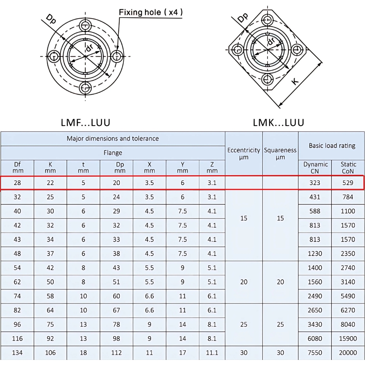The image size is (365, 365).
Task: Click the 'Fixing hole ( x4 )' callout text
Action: click(x=151, y=12)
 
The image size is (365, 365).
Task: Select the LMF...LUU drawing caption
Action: click(x=85, y=122)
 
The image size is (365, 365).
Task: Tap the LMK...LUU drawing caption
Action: click(x=278, y=122)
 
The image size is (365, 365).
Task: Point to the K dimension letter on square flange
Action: click(x=296, y=81)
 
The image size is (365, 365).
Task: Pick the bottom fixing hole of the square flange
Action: click(x=268, y=78)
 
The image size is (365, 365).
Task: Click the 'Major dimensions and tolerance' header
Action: click(x=112, y=139)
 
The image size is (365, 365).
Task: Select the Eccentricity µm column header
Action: click(x=243, y=153)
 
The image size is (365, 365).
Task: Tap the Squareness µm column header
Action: click(x=280, y=153)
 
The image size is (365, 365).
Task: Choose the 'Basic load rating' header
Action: click(x=332, y=146)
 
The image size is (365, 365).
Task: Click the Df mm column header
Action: click(x=17, y=168)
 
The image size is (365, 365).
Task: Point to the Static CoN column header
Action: click(x=348, y=168)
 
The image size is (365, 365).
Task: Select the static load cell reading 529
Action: click(x=348, y=183)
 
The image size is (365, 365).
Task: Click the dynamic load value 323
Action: click(x=315, y=183)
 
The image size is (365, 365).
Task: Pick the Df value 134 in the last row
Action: click(x=17, y=353)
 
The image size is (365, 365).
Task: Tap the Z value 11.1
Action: click(x=212, y=353)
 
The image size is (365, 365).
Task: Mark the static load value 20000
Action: click(x=348, y=353)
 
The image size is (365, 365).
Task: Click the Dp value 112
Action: click(x=116, y=353)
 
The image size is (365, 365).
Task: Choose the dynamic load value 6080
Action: click(x=315, y=338)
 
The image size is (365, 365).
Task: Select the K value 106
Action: click(x=50, y=353)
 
